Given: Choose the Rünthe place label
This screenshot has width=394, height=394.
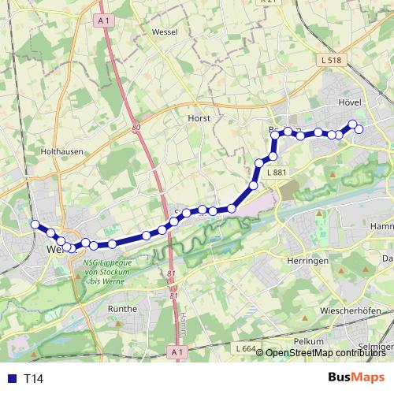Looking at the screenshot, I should point(122,309).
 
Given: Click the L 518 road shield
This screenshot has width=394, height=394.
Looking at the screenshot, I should point(332,60).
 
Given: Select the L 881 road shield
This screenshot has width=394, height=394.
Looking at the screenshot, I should point(277,173).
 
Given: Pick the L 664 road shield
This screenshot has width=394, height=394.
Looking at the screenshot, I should point(246,348).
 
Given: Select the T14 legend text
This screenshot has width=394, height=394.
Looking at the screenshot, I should point(34,378).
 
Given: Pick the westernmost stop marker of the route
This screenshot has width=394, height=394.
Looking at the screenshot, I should point(35,225).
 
